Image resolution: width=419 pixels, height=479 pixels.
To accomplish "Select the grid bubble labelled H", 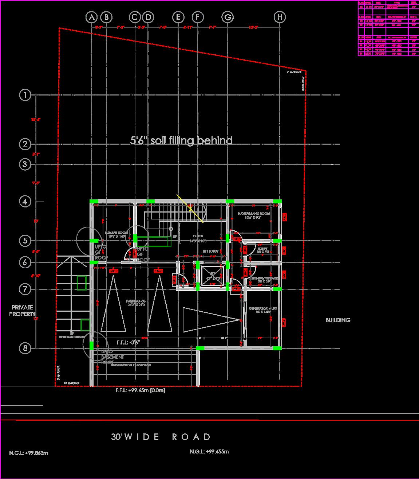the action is (x=280, y=17).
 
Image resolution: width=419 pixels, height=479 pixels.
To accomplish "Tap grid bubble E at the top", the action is (x=178, y=17).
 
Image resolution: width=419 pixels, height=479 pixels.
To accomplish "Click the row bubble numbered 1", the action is (x=25, y=95).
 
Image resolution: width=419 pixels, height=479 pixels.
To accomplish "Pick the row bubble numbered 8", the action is (x=25, y=348).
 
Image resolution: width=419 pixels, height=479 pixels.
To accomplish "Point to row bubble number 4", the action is (x=25, y=201).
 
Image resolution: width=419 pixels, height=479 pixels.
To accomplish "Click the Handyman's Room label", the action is (x=254, y=214).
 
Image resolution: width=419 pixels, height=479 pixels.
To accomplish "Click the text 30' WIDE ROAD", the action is (x=161, y=437).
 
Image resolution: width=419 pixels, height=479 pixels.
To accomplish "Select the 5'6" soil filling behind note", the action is (x=181, y=140).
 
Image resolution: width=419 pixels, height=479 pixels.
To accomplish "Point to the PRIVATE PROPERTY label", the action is (x=22, y=311).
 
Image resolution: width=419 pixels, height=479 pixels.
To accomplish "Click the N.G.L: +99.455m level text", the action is (x=209, y=452).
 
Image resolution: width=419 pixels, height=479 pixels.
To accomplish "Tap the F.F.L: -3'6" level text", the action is (x=128, y=342).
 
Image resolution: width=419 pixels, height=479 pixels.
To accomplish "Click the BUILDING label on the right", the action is (x=338, y=320).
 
